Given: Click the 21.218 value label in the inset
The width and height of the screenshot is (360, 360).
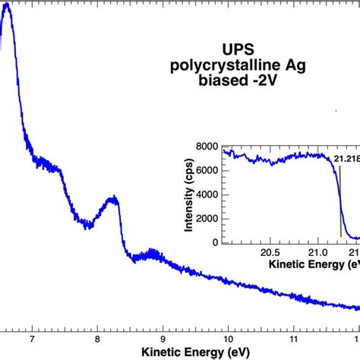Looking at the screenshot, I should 346,158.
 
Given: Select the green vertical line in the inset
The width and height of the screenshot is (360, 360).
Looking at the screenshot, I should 339,205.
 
